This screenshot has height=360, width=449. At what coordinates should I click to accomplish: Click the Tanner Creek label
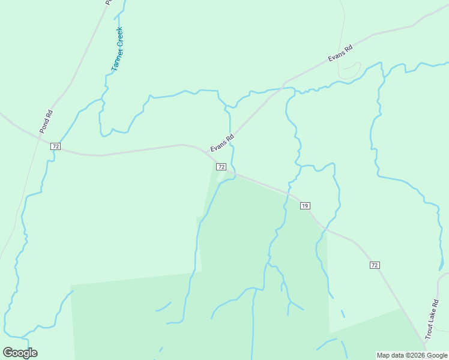pos(117,50)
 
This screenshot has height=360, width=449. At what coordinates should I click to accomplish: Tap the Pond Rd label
pos(46,121)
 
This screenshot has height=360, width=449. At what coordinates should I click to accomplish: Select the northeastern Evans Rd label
pos(340,53)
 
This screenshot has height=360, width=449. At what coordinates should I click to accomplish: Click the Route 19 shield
pos(305,206)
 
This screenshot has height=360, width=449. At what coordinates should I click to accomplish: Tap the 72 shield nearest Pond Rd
pos(55,146)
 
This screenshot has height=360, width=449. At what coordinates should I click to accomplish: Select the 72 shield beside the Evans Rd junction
pos(221,166)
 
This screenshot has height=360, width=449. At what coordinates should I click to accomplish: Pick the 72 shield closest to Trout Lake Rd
pos(375,265)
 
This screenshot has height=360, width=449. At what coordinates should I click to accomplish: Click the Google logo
pos(20,353)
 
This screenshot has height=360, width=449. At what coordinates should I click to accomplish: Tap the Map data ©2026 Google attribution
pos(412,355)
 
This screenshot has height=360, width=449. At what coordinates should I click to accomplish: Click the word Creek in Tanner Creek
pos(120,38)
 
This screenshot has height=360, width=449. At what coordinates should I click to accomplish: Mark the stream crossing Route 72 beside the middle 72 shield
pos(235,175)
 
